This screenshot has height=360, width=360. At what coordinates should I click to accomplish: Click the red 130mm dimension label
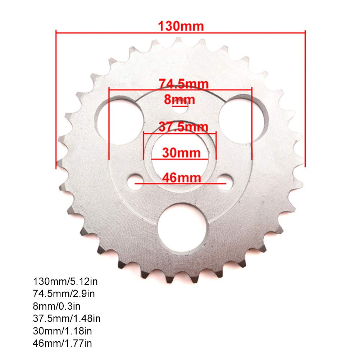point(181,26)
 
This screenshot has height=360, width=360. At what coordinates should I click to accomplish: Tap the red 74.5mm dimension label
point(183,84)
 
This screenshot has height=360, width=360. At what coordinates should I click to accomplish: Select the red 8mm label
point(179,99)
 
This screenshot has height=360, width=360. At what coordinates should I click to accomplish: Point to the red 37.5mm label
point(183,127)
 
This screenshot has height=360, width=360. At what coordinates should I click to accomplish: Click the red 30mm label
point(181,153)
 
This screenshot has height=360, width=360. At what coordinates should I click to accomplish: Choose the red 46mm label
point(181,177)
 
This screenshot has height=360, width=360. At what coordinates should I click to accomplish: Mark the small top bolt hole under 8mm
point(180,108)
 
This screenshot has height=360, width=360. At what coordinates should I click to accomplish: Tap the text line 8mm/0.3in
point(56,306)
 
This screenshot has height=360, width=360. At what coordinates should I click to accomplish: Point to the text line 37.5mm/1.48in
point(67,319)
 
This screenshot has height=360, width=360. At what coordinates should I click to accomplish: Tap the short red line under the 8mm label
point(179,106)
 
